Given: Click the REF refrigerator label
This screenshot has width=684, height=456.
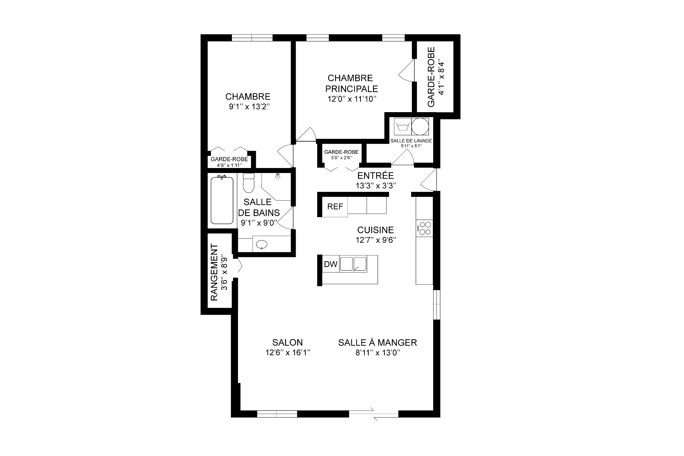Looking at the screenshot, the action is point(335,206).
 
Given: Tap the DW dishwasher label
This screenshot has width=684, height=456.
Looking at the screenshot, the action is point(331,264).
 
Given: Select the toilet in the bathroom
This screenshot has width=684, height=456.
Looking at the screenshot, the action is point(248,182).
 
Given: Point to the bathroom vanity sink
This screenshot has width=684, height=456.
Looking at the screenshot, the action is point(262,244).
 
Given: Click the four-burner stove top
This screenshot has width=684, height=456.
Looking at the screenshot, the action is point(425,228).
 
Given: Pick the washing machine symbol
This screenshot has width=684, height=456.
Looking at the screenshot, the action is point(403,127).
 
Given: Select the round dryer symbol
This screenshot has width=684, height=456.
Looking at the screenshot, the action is point(420,126).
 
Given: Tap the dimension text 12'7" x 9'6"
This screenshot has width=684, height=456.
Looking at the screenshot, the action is point(376,240).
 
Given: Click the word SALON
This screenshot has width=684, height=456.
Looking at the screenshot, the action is point(287,342).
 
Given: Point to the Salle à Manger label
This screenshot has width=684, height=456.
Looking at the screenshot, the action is point(378,342).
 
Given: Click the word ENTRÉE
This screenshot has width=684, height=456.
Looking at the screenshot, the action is point(376,175).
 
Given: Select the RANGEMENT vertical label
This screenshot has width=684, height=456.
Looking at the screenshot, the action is point(214,272).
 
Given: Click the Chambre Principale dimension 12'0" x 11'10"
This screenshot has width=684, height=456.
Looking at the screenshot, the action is point(352,99).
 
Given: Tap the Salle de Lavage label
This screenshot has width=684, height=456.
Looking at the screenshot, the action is point(411,141).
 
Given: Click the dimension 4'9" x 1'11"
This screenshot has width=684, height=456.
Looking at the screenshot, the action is point(229,165).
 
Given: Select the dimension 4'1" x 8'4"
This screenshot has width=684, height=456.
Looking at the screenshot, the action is point(441,77).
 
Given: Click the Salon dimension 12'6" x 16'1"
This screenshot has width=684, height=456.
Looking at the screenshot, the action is point(288,353).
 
